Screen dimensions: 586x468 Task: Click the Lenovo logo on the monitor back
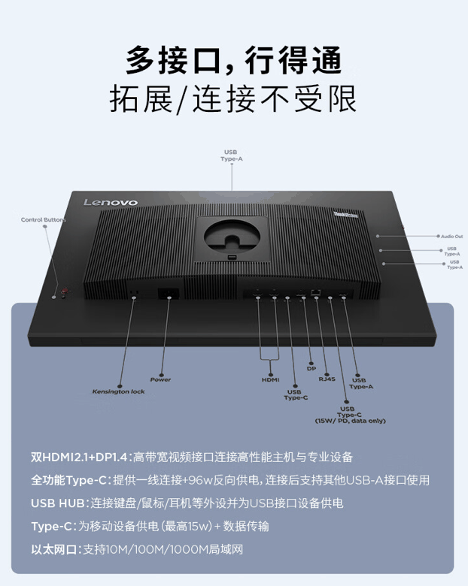110,202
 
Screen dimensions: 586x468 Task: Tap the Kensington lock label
119,391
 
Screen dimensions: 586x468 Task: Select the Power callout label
160,379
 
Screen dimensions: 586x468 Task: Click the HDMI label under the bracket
270,379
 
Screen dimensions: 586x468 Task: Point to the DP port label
311,368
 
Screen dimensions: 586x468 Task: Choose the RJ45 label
327,379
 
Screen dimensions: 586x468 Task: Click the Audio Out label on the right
451,236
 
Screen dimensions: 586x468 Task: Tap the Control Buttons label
43,219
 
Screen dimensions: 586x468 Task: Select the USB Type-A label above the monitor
232,156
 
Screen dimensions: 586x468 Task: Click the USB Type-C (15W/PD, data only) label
350,414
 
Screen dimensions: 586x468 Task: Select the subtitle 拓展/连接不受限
233,99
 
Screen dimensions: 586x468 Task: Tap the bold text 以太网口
55,549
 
